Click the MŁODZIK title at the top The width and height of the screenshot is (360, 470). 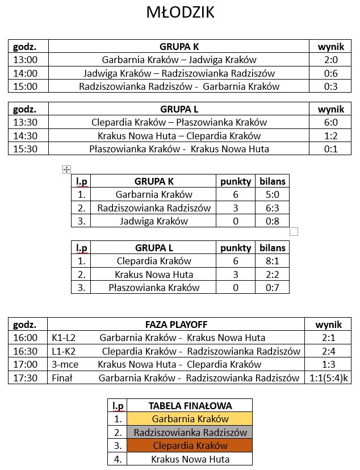pos(180,13)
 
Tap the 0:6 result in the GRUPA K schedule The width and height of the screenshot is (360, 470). pos(330,73)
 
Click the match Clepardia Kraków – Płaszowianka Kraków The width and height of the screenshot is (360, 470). pos(179,122)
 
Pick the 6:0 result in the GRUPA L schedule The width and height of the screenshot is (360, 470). pos(330,122)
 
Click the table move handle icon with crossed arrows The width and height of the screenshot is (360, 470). pos(66,169)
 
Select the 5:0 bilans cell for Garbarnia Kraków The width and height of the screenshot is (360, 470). pos(272,194)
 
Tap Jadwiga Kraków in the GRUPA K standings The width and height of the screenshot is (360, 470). pos(154,221)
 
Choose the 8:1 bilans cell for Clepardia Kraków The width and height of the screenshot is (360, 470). pos(272,261)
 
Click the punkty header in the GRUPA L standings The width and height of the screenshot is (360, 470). pos(236,248)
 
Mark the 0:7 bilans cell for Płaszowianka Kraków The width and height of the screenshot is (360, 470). pos(272,288)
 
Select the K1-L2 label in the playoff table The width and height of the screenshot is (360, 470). pos(63,338)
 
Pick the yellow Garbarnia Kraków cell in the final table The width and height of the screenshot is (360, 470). pos(190,419)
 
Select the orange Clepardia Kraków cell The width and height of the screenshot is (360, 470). pos(190,446)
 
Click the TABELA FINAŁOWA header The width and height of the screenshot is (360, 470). pos(190,405)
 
